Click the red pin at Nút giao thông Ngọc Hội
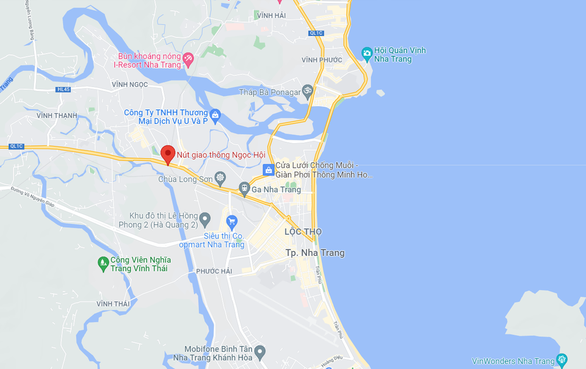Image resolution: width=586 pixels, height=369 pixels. (x=168, y=154)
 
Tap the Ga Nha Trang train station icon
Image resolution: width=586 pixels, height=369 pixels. (x=244, y=188)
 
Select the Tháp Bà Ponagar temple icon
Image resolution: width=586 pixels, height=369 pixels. (x=308, y=92)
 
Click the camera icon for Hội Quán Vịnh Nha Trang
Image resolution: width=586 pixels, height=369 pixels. (x=366, y=54)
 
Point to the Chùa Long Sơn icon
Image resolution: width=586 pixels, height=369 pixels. (x=220, y=178)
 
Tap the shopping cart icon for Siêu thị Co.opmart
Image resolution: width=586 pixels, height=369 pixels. (x=231, y=221)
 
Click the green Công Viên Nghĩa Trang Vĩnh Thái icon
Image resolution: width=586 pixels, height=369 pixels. (x=103, y=263)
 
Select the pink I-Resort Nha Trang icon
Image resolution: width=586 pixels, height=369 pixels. (x=189, y=59)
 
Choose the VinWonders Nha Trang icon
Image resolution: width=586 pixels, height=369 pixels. (x=562, y=360)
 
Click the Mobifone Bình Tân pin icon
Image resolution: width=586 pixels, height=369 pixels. (x=260, y=351)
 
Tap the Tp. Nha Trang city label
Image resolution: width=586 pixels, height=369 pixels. (x=315, y=253)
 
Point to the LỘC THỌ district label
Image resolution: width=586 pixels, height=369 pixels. (x=303, y=232)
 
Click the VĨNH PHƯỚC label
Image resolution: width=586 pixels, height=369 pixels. (x=322, y=60)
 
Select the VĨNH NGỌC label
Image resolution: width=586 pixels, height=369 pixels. (x=130, y=84)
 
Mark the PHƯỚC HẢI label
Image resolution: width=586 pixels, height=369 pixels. (x=214, y=271)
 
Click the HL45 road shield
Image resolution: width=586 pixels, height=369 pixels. (x=63, y=90)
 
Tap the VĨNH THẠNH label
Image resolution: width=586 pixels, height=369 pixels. (x=57, y=115)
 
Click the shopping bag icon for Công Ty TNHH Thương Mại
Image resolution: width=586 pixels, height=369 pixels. (x=215, y=114)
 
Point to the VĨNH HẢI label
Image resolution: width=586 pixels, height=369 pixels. (x=271, y=15)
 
